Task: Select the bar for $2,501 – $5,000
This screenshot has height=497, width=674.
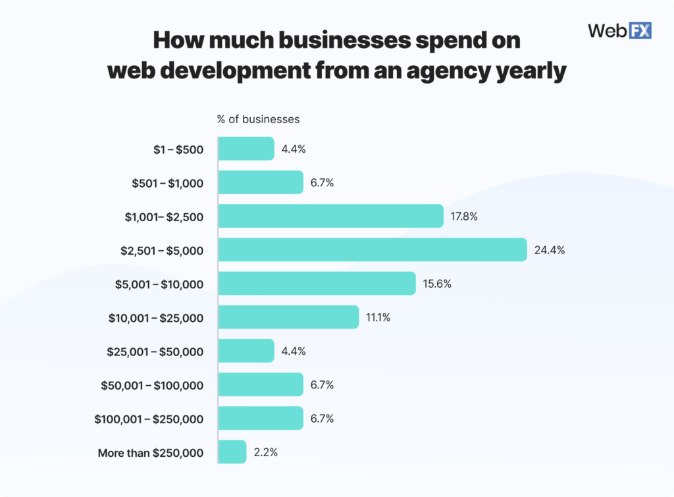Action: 373,249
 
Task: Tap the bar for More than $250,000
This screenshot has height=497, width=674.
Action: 232,452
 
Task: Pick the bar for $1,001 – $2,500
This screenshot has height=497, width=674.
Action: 330,216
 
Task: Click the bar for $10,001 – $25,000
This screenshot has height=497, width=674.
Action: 288,317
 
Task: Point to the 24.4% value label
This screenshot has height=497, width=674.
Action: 550,250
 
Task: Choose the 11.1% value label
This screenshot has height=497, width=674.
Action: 378,318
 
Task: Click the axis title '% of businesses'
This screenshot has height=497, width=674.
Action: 258,119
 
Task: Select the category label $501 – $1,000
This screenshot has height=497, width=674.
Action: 168,183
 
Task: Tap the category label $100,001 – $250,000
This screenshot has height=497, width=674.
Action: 149,419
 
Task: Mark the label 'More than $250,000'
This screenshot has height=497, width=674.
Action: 151,453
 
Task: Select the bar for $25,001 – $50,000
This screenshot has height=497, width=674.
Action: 246,351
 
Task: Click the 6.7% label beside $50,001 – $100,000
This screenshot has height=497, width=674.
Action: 322,385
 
